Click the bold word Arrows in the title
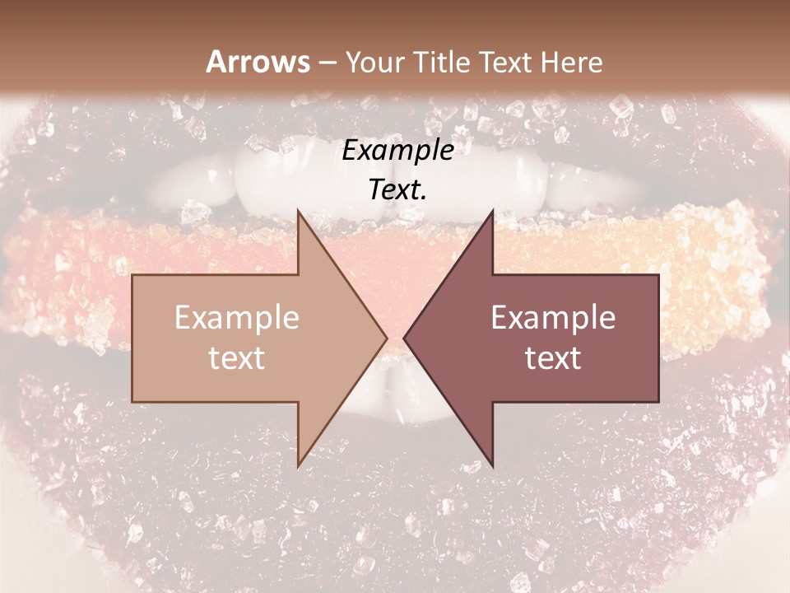click(258, 62)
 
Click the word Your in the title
click(375, 62)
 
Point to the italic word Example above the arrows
click(397, 152)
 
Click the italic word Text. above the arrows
click(397, 189)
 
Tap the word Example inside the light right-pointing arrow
click(237, 318)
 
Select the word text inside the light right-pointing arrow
click(237, 358)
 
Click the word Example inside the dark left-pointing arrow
click(553, 318)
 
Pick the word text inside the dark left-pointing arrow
click(553, 358)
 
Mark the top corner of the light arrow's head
click(298, 210)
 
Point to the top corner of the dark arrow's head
click(492, 210)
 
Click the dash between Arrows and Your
click(327, 63)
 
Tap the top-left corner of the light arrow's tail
click(132, 275)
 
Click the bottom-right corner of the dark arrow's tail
click(658, 402)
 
